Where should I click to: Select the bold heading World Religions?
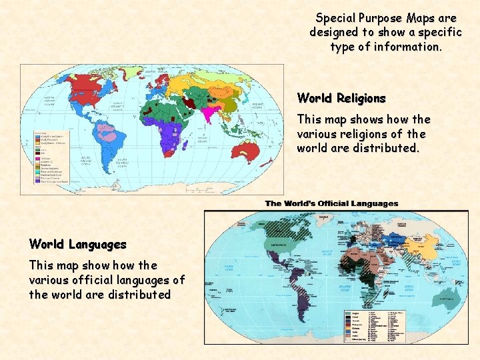[341, 98]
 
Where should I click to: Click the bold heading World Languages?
[77, 244]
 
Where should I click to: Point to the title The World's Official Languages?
[331, 203]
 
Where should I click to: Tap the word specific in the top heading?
[419, 32]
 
